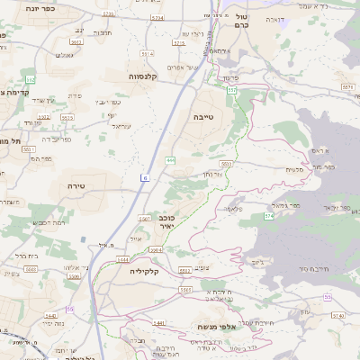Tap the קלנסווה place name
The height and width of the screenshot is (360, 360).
tap(143, 76)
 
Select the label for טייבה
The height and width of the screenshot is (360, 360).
tap(202, 116)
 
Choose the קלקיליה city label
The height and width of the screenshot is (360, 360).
tap(144, 270)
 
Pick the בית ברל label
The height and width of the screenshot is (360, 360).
tap(26, 256)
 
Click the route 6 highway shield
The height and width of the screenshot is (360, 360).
tap(144, 178)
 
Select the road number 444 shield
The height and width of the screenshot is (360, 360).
tap(171, 160)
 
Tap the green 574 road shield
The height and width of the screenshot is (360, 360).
tap(269, 216)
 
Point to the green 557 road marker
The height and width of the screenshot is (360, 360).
tap(232, 91)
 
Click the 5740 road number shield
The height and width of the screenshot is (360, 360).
tap(338, 316)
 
